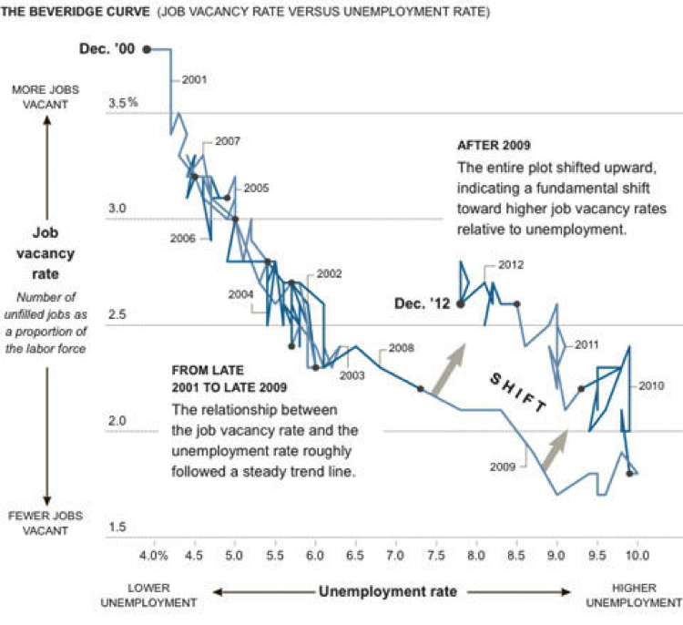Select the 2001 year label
[x=194, y=79]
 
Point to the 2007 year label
[x=228, y=141]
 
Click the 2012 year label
[x=512, y=265]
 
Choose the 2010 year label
[x=652, y=385]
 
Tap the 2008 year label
[x=402, y=347]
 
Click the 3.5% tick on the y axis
[x=122, y=103]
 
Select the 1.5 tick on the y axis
[x=118, y=528]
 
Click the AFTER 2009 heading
[x=494, y=146]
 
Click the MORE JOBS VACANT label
[x=45, y=97]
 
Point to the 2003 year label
[x=351, y=374]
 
